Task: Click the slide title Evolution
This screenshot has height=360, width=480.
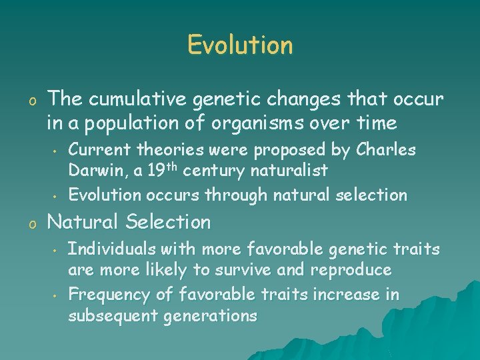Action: click(x=240, y=45)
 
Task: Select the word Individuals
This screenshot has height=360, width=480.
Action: click(x=109, y=249)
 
